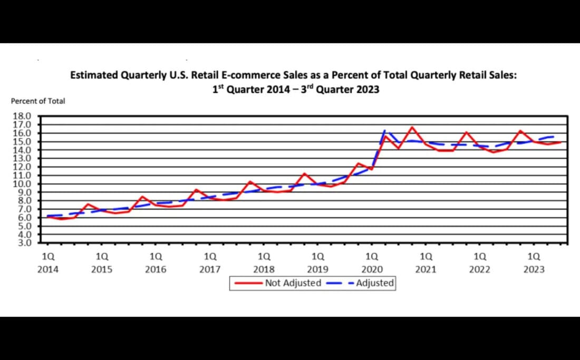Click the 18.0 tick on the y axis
25,116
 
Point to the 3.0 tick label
25,243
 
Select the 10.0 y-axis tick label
25,184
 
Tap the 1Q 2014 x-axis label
48,263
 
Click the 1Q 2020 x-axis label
372,263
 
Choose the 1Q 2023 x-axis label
534,263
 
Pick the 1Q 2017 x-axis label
210,263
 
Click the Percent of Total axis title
38,101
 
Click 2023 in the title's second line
368,89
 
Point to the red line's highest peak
412,127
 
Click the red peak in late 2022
520,131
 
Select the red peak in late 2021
466,132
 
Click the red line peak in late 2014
88,204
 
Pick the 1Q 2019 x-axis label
318,263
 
